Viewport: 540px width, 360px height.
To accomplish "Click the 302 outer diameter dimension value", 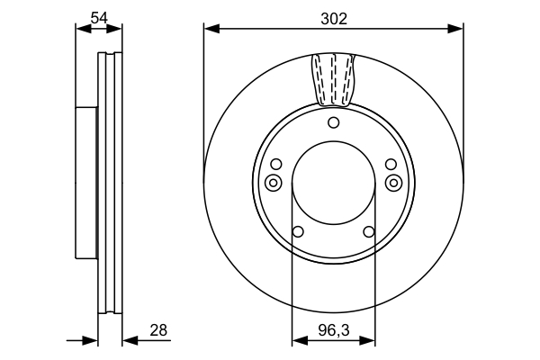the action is [334, 19].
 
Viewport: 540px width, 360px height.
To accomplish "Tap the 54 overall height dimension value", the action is [99, 18].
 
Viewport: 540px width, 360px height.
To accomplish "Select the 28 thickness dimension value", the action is [158, 330].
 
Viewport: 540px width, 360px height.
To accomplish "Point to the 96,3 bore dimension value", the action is [334, 330].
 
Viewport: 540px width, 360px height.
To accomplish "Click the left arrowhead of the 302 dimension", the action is [211, 29].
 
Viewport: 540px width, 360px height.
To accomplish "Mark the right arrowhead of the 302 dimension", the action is [455, 29].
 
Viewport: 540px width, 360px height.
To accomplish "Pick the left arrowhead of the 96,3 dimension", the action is [300, 341].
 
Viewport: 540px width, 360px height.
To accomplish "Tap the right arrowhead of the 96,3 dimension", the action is [367, 341].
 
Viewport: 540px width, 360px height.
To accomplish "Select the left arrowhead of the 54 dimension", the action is [84, 30].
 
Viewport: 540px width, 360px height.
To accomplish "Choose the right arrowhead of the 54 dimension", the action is [114, 30].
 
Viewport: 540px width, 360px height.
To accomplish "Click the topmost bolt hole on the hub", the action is [333, 122].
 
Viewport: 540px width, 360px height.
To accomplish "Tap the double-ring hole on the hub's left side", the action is [273, 183].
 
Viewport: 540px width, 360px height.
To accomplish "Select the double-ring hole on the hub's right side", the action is [393, 183].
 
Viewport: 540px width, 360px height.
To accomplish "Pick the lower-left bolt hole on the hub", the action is [298, 231].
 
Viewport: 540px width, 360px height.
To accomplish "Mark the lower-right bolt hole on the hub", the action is [369, 231].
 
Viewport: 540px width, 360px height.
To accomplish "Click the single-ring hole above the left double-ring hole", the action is [276, 165].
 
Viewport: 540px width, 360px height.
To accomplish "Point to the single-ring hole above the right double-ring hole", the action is [391, 165].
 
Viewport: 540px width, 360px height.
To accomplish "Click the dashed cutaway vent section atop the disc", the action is [333, 79].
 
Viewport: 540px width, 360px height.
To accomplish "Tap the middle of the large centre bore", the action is [333, 183].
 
